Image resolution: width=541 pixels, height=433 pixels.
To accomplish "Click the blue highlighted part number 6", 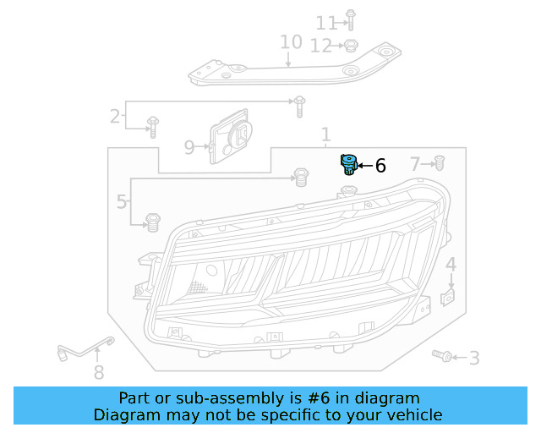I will pos(347,163).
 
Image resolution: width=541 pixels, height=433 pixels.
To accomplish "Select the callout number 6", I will pos(380,167).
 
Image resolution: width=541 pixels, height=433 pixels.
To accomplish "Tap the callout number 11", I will pos(325,23).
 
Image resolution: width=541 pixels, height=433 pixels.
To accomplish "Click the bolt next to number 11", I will pos(351,20).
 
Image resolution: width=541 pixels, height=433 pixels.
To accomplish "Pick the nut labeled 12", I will pos(352,46).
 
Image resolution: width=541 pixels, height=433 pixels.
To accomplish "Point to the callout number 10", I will pos(291,42).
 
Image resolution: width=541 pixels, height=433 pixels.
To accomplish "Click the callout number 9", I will pos(189,148).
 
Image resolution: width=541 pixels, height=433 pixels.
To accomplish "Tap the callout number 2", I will pos(115,117).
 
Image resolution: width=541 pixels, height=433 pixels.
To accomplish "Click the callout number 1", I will pos(325,135).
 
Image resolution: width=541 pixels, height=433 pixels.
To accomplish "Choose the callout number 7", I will pos(415,163).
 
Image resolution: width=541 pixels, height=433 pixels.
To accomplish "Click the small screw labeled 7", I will pos(440,162).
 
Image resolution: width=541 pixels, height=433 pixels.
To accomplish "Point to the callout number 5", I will pos(122,202).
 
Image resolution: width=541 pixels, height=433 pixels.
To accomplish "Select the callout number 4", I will pos(451,266).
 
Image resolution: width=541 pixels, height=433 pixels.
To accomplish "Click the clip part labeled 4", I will pos(450,297).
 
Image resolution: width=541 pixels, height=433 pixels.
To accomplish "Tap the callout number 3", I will pos(474,359).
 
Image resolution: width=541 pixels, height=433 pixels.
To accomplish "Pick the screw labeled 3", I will pos(440,356).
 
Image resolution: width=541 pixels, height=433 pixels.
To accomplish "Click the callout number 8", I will pos(99,372).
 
